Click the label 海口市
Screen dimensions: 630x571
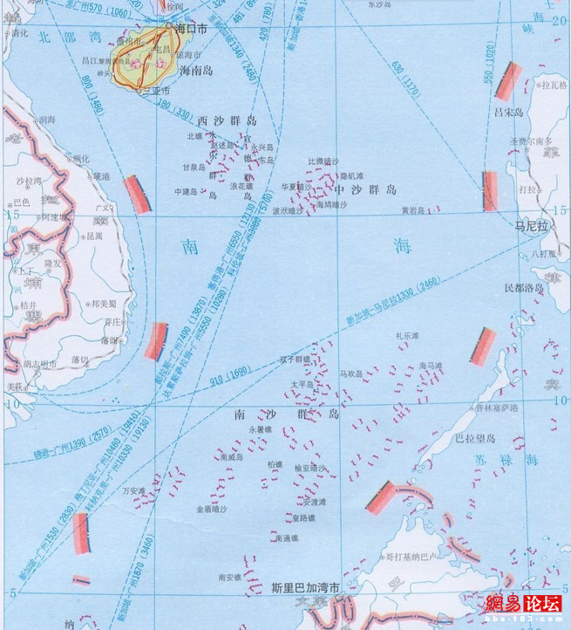coord(193,28)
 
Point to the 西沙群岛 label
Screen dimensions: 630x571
coord(228,120)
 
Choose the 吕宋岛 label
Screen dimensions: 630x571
coord(507,113)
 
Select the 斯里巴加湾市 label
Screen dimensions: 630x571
coord(304,587)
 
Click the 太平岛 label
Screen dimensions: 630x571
coord(301,384)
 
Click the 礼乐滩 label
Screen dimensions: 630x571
coord(407,335)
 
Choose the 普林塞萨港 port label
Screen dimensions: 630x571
coord(498,407)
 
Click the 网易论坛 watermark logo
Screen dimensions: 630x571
coord(522,604)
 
